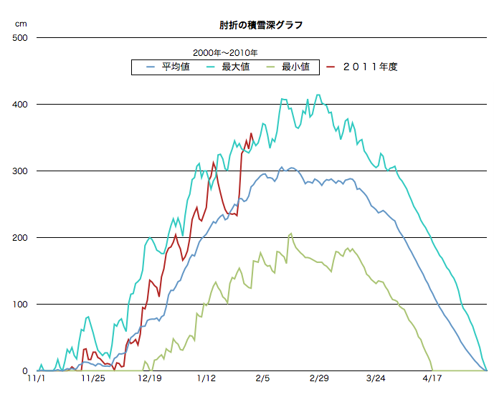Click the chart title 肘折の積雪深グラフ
point(261,25)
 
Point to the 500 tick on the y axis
point(19,37)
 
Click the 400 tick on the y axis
point(19,104)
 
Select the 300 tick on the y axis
point(19,171)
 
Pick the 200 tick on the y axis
point(19,237)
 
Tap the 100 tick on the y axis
point(19,304)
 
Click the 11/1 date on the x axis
point(36,378)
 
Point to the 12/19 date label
point(149,378)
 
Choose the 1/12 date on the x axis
point(206,378)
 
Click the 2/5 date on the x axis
point(262,378)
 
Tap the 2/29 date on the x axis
point(319,378)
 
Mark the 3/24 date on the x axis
point(376,378)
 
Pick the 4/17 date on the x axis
point(432,378)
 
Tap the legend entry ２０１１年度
point(369,67)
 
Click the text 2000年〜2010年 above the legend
point(225,52)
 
